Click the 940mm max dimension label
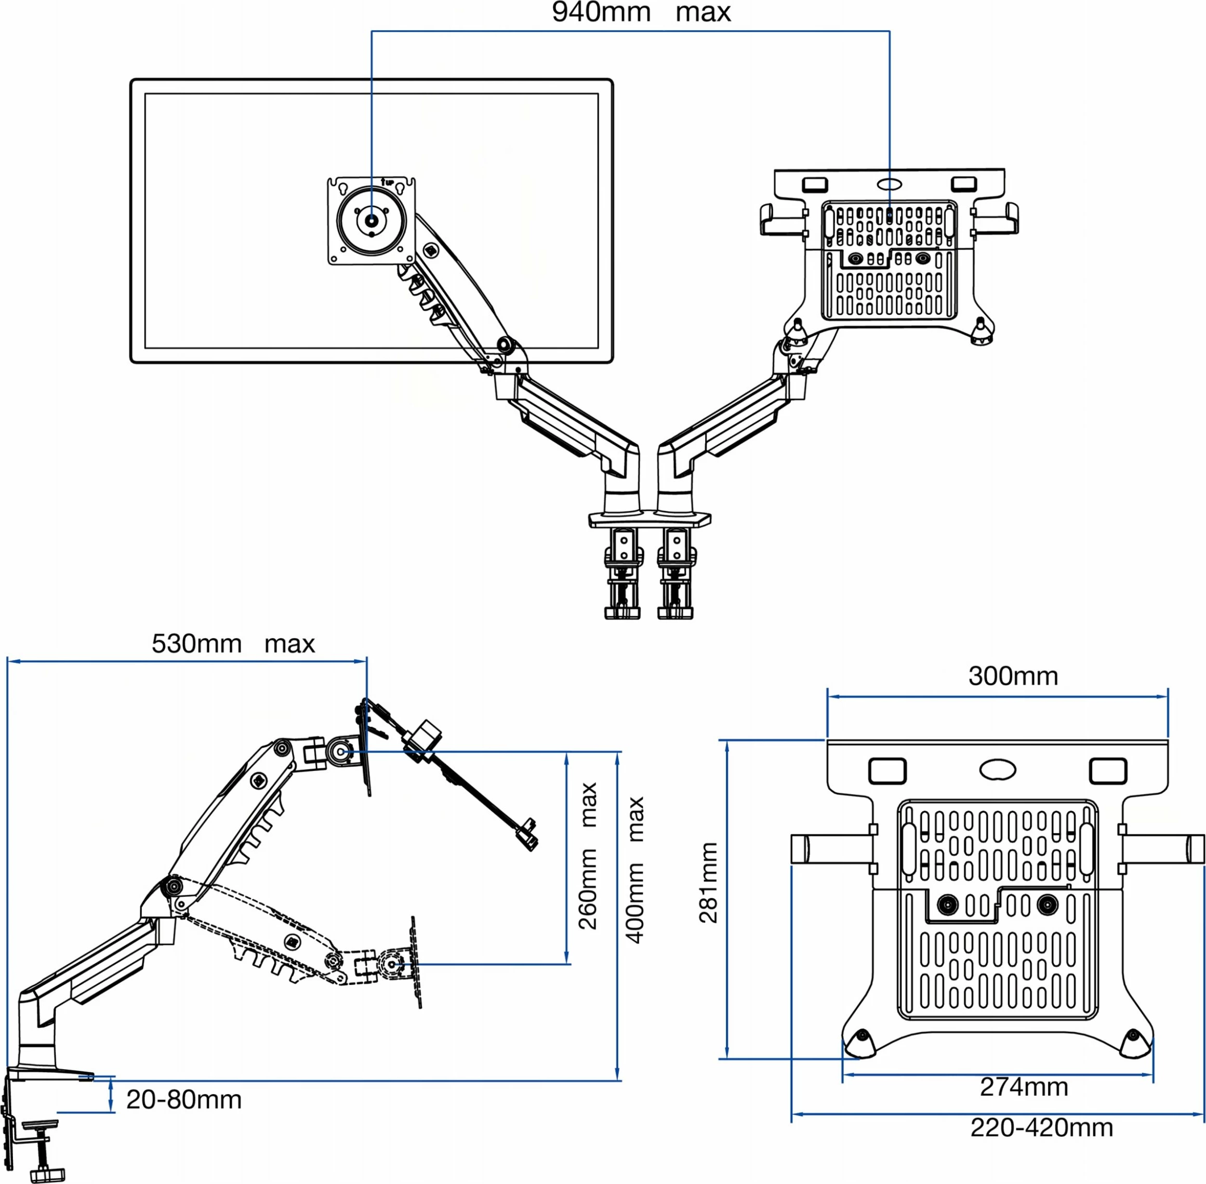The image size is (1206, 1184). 641,12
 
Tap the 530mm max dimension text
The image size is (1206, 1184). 233,644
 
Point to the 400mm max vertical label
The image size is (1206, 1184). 634,870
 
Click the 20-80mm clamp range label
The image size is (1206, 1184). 184,1100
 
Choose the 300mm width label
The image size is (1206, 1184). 1013,676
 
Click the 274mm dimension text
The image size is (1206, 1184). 1024,1087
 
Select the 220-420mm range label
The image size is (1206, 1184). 1042,1127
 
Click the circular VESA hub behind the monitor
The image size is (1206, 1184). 372,220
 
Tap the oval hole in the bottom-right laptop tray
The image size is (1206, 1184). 998,769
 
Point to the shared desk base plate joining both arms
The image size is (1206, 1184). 650,518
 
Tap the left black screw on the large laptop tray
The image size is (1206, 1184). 948,904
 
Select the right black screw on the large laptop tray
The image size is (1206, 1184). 1048,904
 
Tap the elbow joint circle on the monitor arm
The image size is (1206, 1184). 506,344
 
